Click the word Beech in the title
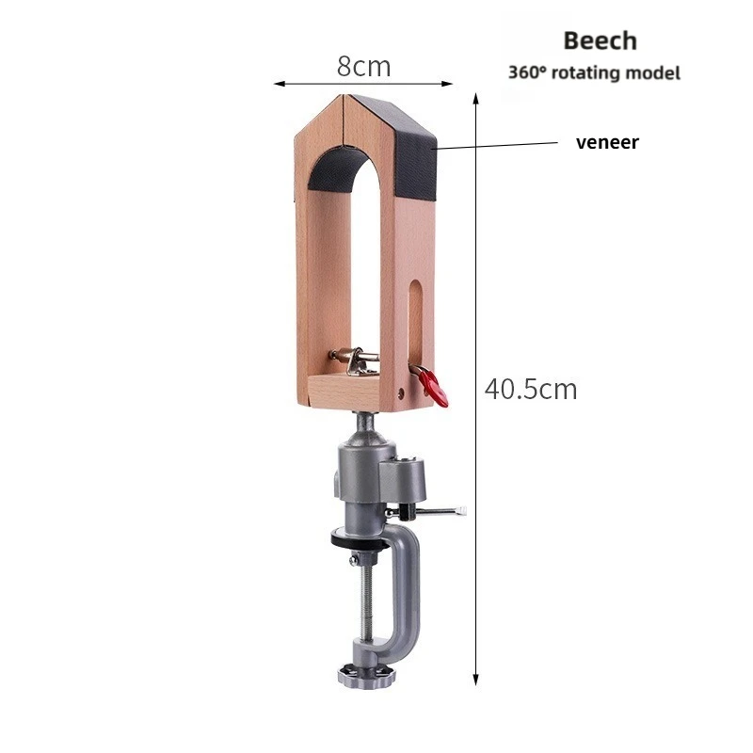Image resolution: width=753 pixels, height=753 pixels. [x=601, y=40]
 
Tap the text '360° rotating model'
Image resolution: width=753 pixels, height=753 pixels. [x=595, y=73]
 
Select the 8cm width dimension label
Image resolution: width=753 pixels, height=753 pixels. [x=363, y=66]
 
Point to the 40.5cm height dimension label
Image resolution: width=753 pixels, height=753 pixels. [x=531, y=389]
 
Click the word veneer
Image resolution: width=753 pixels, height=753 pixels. [x=607, y=142]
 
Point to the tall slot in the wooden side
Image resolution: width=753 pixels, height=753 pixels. [x=416, y=324]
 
